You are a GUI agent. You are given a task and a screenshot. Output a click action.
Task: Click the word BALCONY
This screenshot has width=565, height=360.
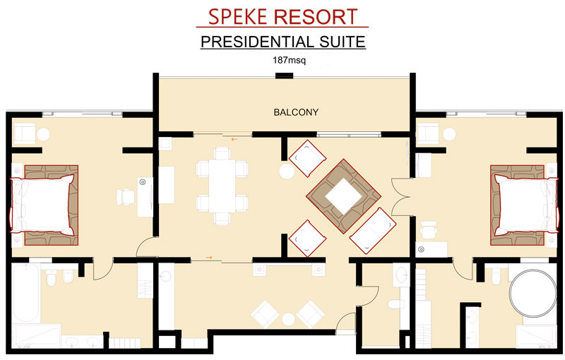pos(296,112)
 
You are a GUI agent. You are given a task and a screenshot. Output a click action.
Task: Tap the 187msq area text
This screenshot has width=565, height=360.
pos(289,60)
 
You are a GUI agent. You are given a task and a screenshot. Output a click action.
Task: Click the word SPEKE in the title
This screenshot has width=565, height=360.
pos(238,17)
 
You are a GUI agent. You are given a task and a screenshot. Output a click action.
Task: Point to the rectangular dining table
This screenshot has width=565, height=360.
pos(222,186)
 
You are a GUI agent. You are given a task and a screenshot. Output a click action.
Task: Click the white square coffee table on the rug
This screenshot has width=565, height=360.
pos(343,196)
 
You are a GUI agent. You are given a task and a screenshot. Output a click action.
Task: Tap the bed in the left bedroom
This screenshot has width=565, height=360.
pos(42,205)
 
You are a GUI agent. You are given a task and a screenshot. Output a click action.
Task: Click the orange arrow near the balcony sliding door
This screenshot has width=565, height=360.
pos(234,139)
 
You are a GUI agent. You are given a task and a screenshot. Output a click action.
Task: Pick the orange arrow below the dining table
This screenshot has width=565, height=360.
pos(209,258)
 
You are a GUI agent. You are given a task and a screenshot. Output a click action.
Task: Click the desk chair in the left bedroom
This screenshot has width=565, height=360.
pos(126,197)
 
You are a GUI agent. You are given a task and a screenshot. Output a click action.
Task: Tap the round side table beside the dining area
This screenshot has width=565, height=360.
pos(287,171)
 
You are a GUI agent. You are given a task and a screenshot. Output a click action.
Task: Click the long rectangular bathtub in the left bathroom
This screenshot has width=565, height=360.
pos(25,293)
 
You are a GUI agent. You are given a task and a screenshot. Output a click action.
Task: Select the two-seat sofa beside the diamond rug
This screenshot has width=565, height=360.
pos(373,231)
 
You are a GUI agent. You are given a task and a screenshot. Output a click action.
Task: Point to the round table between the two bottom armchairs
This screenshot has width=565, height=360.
pos(288,319)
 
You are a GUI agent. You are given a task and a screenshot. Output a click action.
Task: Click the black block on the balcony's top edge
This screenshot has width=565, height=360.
pos(284,76)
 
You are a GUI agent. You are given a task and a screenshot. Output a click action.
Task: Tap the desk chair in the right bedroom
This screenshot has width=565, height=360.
pos(429,230)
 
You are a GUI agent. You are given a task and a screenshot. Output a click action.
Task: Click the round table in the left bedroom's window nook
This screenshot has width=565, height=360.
pos(43,135)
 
